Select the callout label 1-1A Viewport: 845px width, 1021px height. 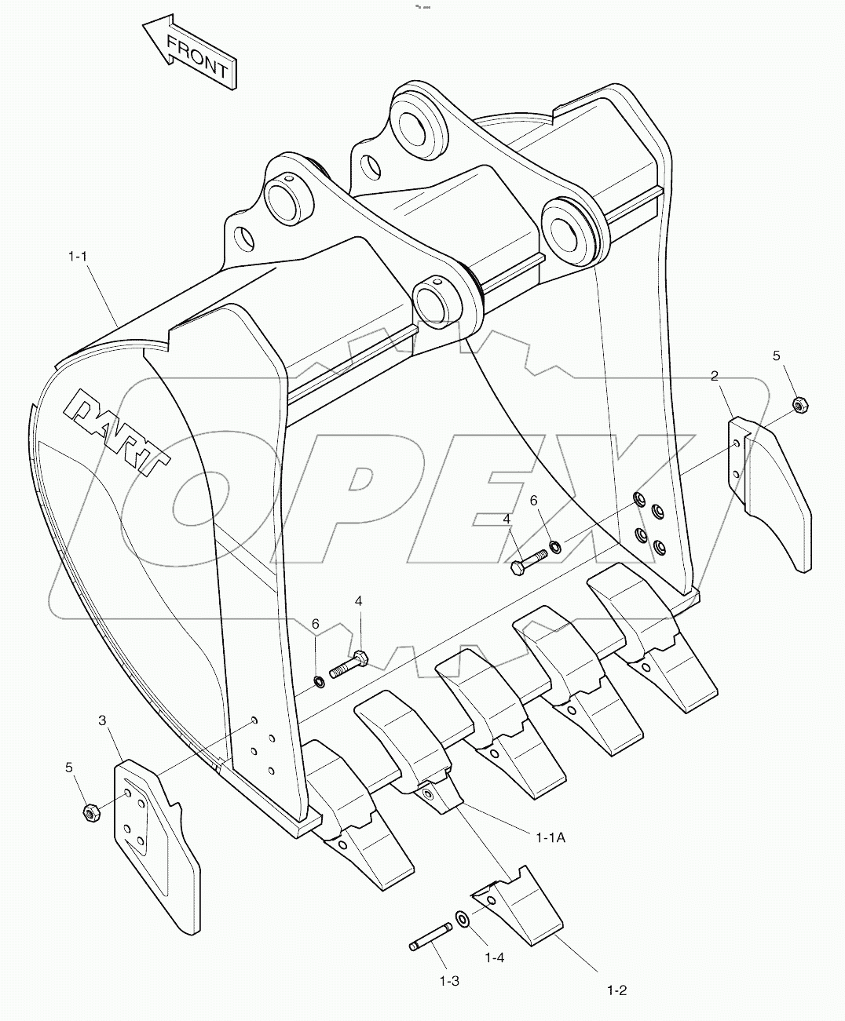[x=550, y=837]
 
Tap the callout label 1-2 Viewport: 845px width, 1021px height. [x=616, y=990]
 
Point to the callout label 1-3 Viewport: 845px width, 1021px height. [x=448, y=980]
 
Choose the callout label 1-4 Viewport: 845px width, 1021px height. [x=494, y=957]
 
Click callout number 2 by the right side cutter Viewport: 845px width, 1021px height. [x=715, y=376]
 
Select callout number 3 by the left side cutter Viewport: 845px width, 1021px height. [x=102, y=720]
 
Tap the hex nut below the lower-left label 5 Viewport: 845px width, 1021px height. [x=90, y=814]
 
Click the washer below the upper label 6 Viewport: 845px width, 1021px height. [x=555, y=545]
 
